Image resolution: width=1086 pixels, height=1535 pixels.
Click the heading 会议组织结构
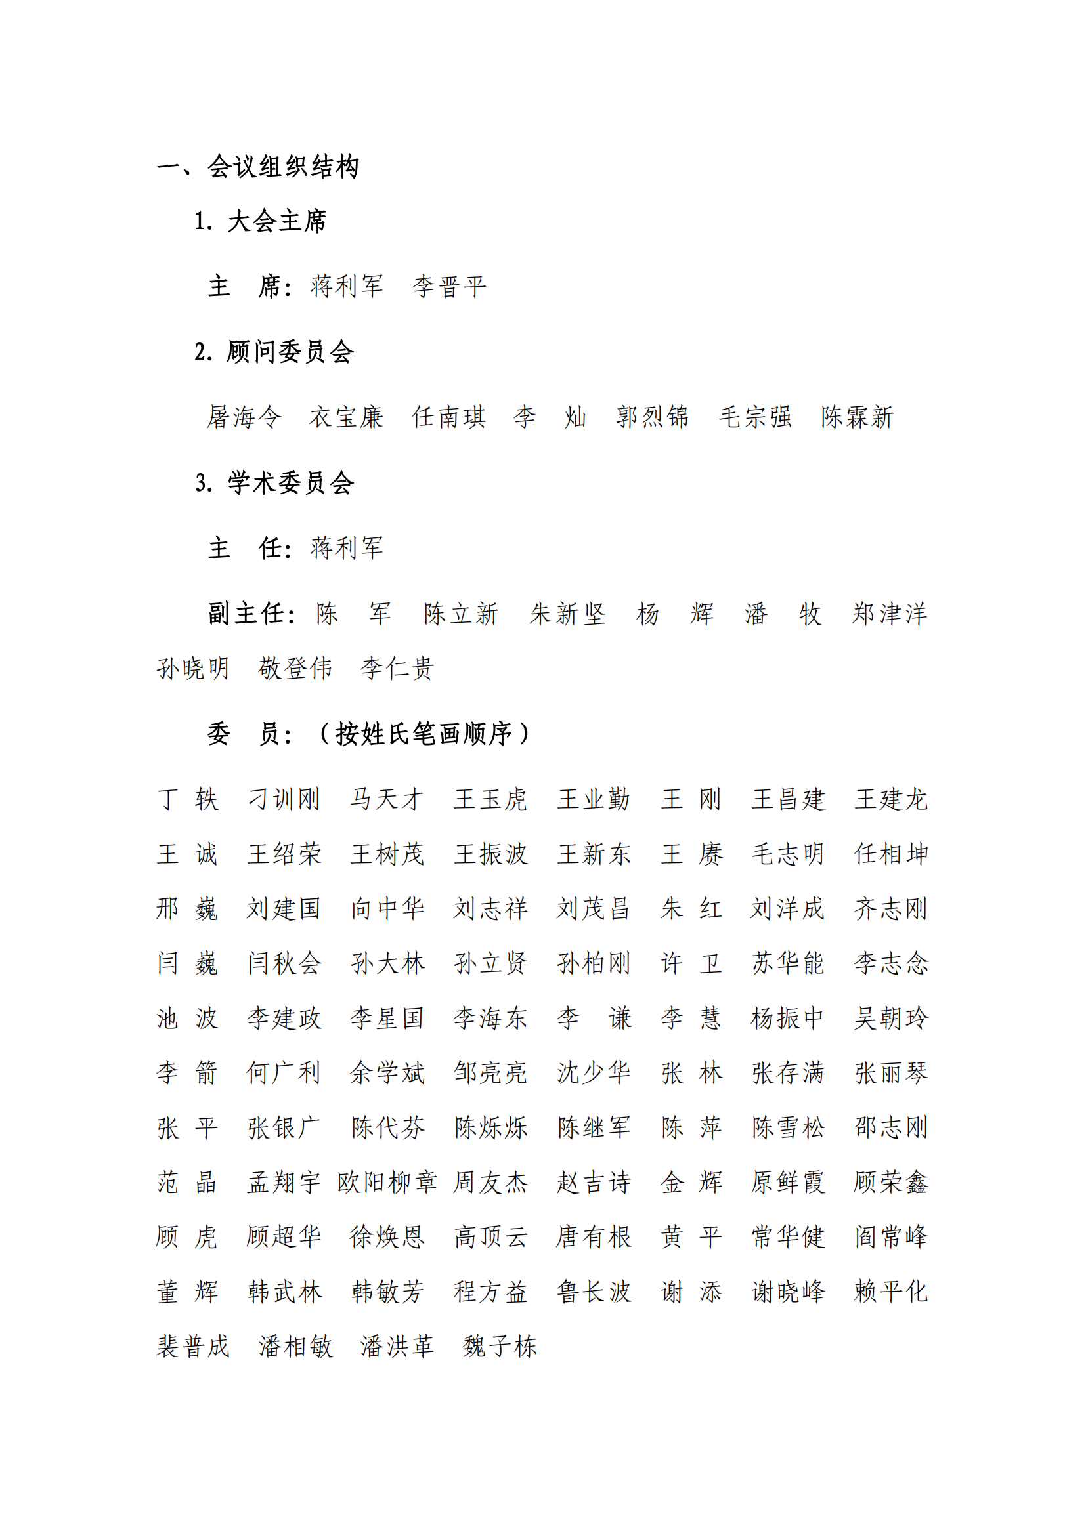pyautogui.click(x=283, y=167)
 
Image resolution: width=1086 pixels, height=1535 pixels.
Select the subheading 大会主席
pyautogui.click(x=277, y=221)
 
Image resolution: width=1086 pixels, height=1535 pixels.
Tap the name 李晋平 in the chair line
pyautogui.click(x=448, y=287)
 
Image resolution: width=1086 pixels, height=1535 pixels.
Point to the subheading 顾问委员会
pyautogui.click(x=290, y=352)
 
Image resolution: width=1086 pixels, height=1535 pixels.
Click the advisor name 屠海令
pyautogui.click(x=244, y=417)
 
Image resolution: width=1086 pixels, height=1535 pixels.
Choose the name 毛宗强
pyautogui.click(x=755, y=417)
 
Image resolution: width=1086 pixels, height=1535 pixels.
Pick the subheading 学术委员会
pyautogui.click(x=290, y=483)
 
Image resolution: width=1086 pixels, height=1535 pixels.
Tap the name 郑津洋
pyautogui.click(x=890, y=614)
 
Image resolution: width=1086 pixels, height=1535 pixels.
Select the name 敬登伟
pyautogui.click(x=295, y=669)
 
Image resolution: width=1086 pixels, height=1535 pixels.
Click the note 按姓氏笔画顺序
pyautogui.click(x=424, y=734)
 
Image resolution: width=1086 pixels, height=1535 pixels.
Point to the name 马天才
pyautogui.click(x=387, y=799)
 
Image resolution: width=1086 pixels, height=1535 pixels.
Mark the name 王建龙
pyautogui.click(x=891, y=799)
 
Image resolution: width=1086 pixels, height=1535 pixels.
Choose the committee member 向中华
pyautogui.click(x=387, y=908)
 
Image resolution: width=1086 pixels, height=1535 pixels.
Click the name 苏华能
pyautogui.click(x=788, y=963)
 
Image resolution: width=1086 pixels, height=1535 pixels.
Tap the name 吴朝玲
pyautogui.click(x=891, y=1019)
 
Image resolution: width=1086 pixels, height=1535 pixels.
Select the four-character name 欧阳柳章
pyautogui.click(x=387, y=1182)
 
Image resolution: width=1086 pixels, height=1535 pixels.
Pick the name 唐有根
pyautogui.click(x=593, y=1237)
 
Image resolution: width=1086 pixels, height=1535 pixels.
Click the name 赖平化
pyautogui.click(x=891, y=1292)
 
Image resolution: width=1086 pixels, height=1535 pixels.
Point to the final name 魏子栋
pyautogui.click(x=500, y=1347)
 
